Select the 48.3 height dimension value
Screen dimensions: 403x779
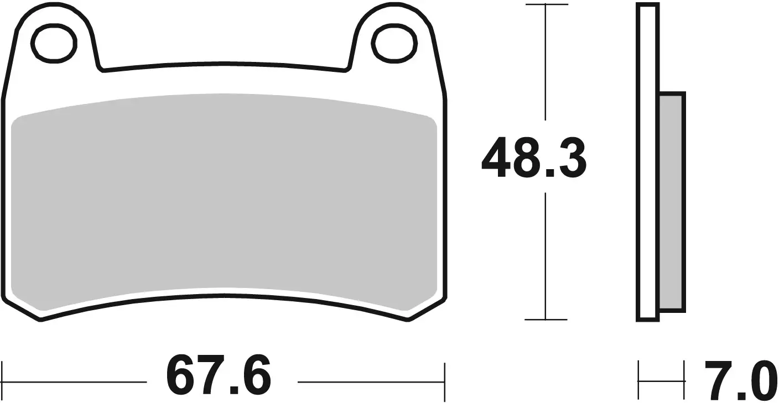[x=533, y=159]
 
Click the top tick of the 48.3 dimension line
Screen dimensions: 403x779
[x=546, y=5]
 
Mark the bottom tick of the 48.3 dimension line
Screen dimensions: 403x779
[x=546, y=320]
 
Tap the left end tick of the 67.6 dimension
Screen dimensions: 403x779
[x=3, y=381]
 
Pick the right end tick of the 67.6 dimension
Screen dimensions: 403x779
[x=444, y=381]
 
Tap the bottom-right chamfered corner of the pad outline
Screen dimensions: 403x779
[x=426, y=310]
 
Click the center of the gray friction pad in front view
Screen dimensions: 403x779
[x=224, y=202]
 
